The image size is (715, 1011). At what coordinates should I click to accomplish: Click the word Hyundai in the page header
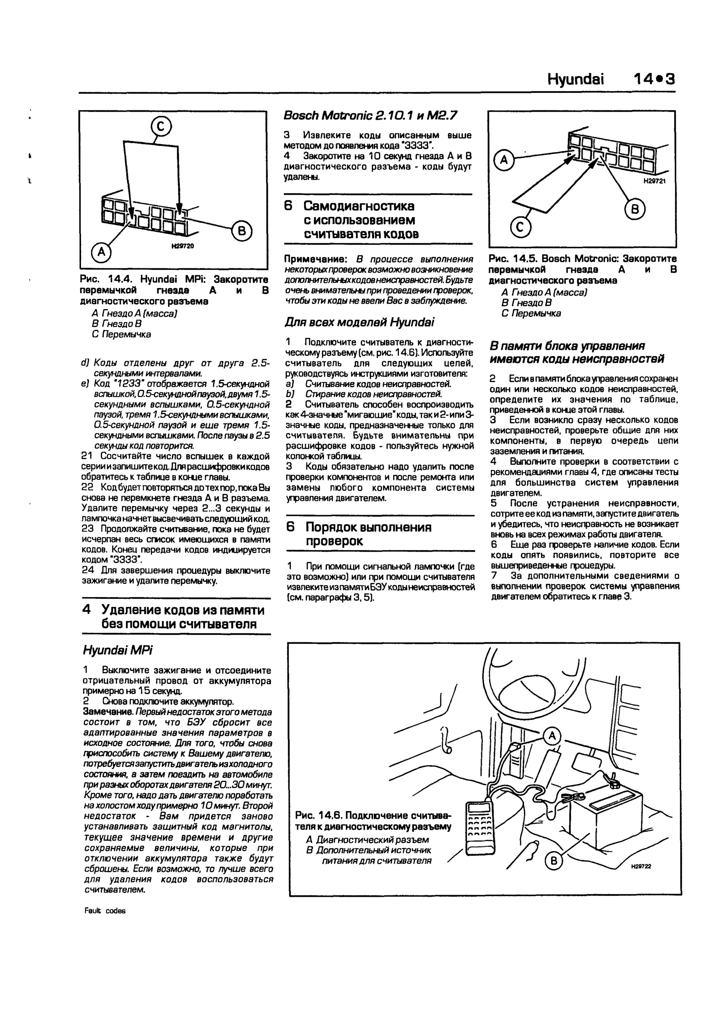575,80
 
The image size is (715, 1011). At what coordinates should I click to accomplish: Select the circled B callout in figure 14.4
242,231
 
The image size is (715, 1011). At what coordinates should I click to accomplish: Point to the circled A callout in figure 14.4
101,252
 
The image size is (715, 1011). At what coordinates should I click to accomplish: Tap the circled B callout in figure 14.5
635,211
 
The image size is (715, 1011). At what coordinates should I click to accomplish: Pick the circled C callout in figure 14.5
521,228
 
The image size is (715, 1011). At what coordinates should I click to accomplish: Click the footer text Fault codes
105,911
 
